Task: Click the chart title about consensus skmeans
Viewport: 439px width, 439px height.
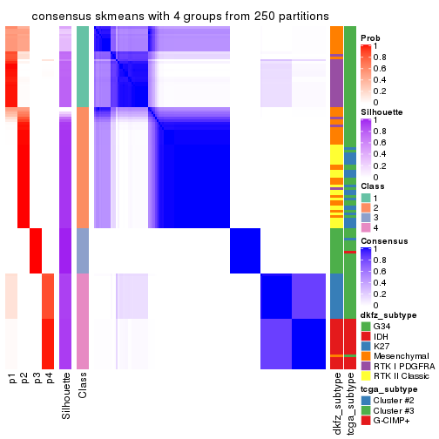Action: pos(170,17)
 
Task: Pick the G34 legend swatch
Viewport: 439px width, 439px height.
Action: pos(366,326)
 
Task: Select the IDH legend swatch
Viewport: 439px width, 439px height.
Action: pos(366,335)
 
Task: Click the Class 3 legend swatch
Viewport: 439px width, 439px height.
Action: pos(366,217)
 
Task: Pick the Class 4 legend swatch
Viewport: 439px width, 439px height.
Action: pos(366,226)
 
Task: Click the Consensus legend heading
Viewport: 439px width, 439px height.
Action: pos(383,240)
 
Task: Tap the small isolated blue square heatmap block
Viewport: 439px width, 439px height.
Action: pos(245,250)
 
